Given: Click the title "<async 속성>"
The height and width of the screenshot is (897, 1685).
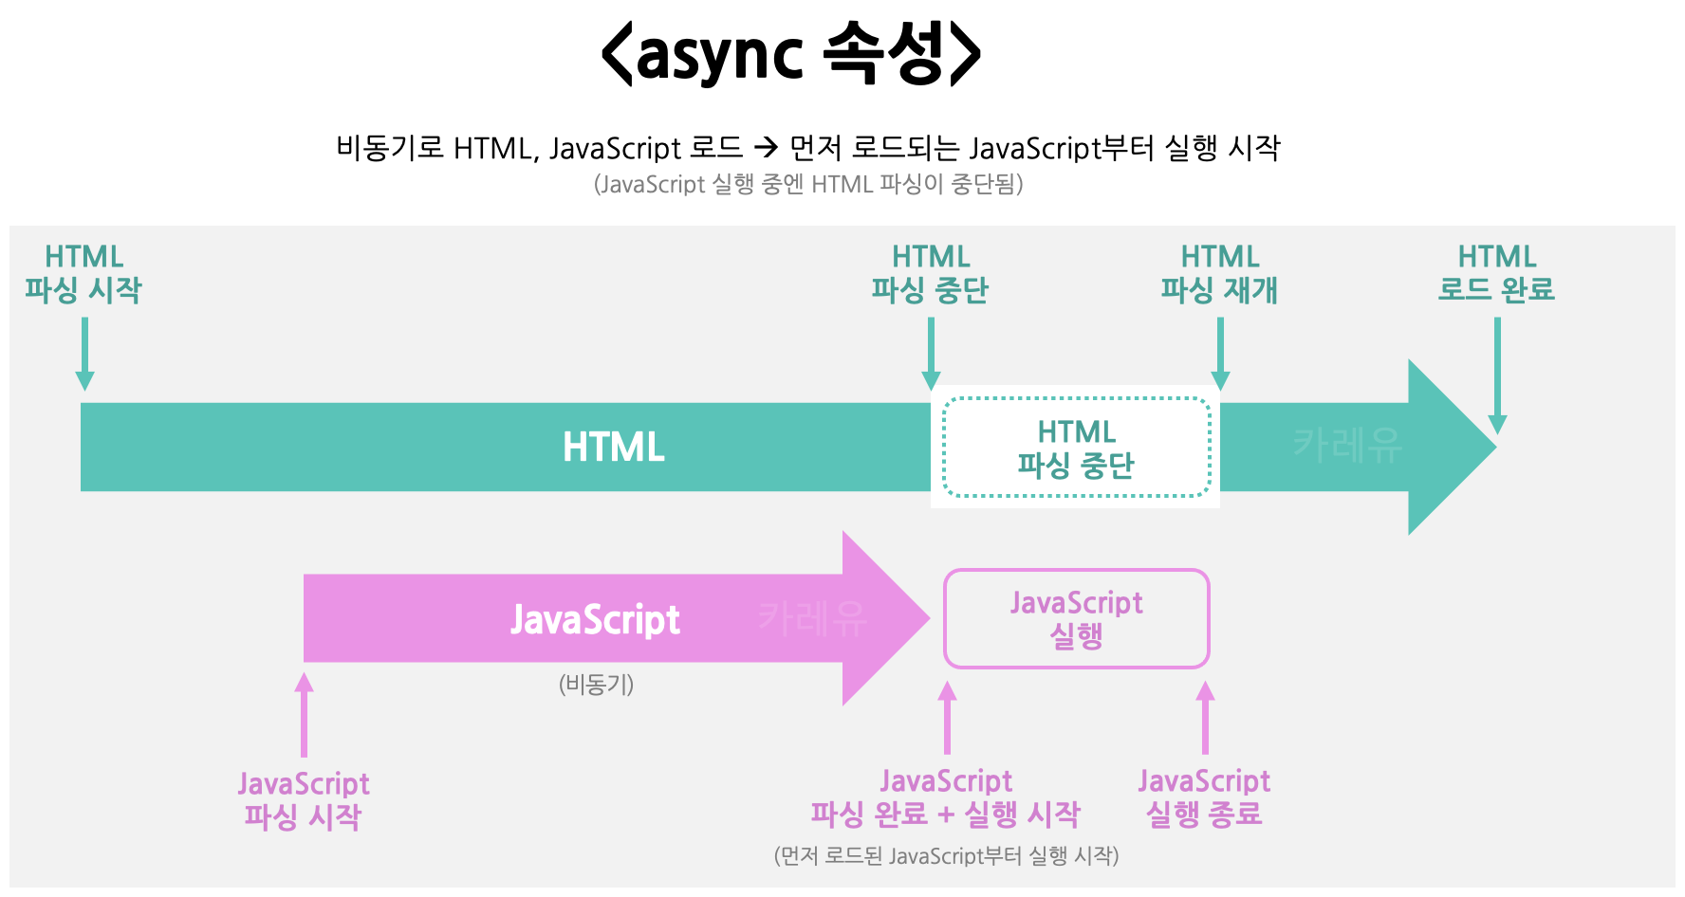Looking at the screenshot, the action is click(791, 54).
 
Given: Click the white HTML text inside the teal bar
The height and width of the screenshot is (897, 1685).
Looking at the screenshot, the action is click(613, 447).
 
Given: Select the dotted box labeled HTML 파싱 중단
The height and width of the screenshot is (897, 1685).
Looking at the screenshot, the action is click(1076, 448).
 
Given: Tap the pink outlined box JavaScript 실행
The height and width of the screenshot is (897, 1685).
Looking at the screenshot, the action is click(1076, 618).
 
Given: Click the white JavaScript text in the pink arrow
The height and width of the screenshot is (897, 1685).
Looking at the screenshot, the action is click(595, 619).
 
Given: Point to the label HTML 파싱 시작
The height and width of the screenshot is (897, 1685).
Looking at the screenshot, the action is click(83, 273).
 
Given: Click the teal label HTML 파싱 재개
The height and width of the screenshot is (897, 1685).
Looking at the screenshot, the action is click(1219, 273).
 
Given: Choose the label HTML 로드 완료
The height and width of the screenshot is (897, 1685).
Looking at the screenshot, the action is click(1496, 273).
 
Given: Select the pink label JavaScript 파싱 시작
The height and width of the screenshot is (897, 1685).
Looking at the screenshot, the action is click(303, 800).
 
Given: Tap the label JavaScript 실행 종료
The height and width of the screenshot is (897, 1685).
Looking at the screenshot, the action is click(1204, 797).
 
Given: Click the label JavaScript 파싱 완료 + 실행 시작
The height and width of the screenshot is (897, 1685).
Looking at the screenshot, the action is click(946, 797).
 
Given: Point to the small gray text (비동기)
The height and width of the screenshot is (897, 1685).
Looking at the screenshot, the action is click(596, 684).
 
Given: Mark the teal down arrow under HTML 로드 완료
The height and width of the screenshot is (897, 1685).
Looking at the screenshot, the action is click(1497, 375).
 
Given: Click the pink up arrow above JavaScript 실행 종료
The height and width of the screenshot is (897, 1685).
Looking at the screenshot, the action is click(1205, 718).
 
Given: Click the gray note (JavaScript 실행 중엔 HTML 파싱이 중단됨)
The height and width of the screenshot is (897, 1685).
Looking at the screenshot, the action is click(808, 184).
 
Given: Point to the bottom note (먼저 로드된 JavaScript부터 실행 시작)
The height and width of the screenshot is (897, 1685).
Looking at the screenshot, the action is click(946, 855).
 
